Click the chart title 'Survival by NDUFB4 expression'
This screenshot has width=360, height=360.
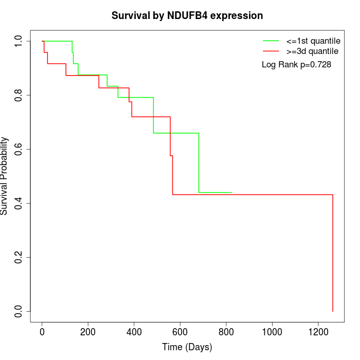pyautogui.click(x=187, y=16)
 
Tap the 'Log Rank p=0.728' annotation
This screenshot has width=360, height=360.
pyautogui.click(x=296, y=65)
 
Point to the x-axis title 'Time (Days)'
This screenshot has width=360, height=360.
pyautogui.click(x=187, y=348)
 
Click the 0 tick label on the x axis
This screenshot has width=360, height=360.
pyautogui.click(x=42, y=332)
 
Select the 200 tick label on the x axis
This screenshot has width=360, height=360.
pyautogui.click(x=88, y=332)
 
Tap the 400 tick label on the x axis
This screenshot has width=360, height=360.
pyautogui.click(x=134, y=332)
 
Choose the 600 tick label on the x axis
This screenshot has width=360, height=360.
pyautogui.click(x=180, y=332)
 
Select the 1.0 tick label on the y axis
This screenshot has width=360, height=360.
pyautogui.click(x=19, y=41)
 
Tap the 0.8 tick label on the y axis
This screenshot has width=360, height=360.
pyautogui.click(x=19, y=95)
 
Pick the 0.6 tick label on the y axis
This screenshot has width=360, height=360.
pyautogui.click(x=19, y=149)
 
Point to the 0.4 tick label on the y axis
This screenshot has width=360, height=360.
pyautogui.click(x=19, y=203)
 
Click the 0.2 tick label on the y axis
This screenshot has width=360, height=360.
pyautogui.click(x=19, y=257)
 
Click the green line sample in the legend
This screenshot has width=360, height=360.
pyautogui.click(x=271, y=41)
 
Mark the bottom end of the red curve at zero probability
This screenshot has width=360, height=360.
pyautogui.click(x=333, y=311)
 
